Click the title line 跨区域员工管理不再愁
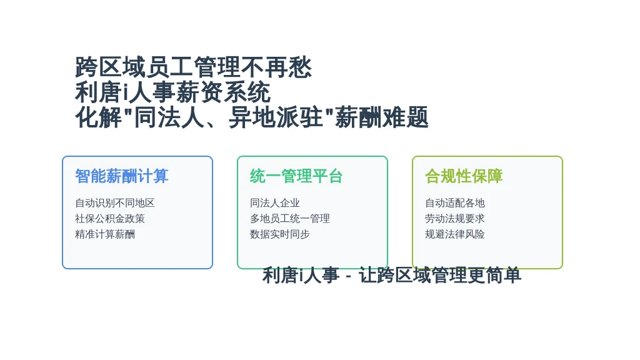(194, 67)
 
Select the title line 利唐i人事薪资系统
(172, 92)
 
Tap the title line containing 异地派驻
(252, 117)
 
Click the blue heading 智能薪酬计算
(122, 176)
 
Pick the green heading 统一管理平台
(296, 176)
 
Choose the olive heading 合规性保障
(464, 176)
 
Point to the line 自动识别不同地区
(115, 203)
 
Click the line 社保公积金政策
(110, 218)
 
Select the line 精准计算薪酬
(105, 234)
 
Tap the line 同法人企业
(275, 203)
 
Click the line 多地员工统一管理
(290, 218)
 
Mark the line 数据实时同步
(279, 234)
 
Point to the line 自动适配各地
(455, 203)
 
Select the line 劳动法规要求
(455, 218)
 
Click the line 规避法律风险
(455, 234)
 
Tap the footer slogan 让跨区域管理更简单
(440, 275)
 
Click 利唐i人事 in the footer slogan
(301, 275)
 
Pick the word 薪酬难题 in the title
(382, 117)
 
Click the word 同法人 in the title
(169, 117)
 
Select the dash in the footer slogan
(348, 277)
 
